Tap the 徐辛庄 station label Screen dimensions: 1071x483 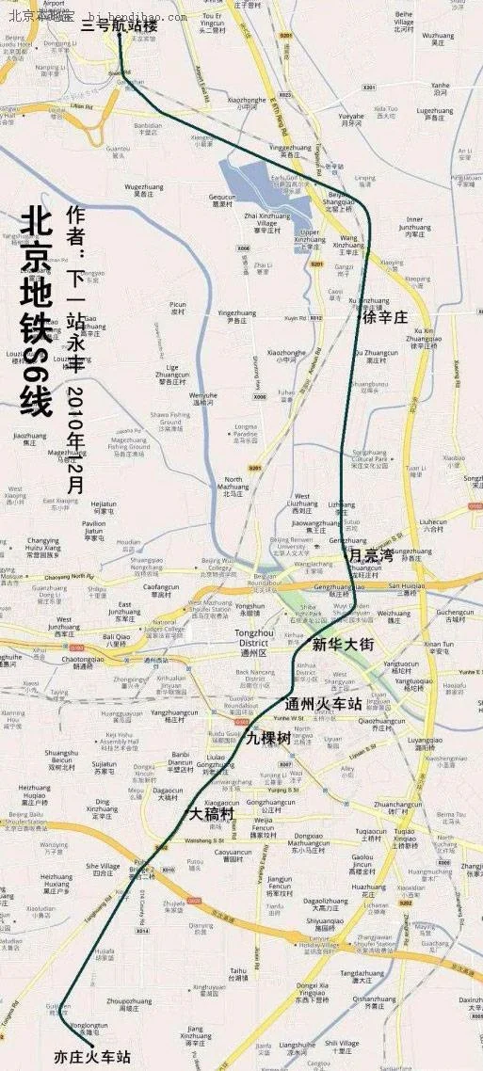click(x=385, y=317)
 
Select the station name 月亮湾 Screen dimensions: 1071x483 click(x=370, y=555)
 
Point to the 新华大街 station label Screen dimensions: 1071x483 click(x=344, y=645)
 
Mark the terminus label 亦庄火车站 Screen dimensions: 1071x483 click(x=92, y=1056)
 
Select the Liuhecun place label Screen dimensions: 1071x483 click(x=433, y=523)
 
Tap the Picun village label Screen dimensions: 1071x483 click(x=177, y=307)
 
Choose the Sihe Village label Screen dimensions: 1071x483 click(x=103, y=868)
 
